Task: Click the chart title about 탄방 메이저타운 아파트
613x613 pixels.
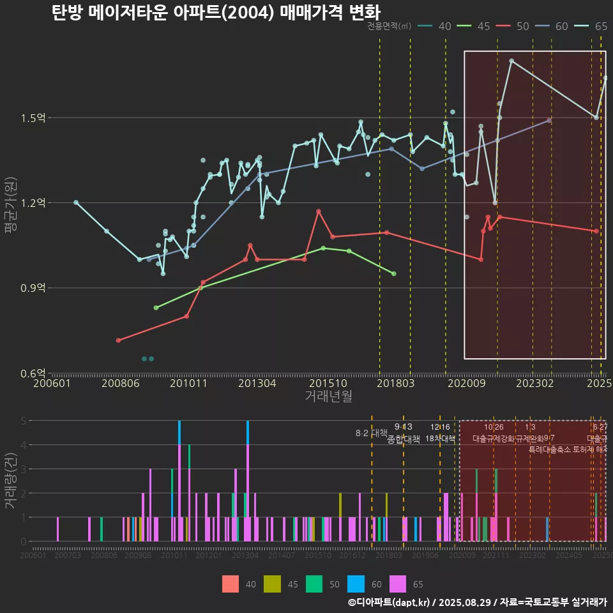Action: coord(216,13)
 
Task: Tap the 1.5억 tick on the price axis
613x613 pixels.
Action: coord(33,118)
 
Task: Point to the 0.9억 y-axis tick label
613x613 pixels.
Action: coord(33,288)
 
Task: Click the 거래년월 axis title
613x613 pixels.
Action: coord(328,397)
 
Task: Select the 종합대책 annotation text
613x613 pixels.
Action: coord(404,439)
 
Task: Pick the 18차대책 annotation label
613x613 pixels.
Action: coord(440,439)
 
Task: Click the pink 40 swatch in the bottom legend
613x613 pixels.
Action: coord(231,584)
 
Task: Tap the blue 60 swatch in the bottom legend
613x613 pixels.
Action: coord(356,584)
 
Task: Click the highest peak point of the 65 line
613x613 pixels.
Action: coord(511,61)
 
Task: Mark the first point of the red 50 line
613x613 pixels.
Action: coord(118,340)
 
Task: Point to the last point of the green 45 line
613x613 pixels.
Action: coord(393,273)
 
